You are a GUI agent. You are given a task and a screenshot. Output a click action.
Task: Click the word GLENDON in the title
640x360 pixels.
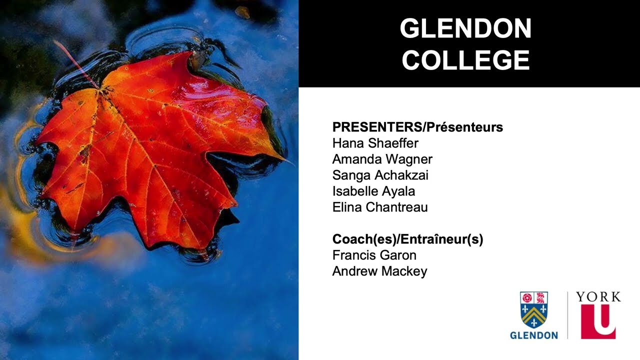click(465, 29)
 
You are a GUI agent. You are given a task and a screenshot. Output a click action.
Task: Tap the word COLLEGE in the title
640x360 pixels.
click(465, 60)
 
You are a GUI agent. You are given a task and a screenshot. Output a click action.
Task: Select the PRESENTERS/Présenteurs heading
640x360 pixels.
click(417, 127)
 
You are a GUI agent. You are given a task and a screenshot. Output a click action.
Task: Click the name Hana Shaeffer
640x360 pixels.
click(375, 143)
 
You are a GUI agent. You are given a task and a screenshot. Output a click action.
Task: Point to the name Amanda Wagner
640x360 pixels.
click(382, 159)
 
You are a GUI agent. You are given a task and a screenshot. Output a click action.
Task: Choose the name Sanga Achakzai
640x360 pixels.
click(380, 175)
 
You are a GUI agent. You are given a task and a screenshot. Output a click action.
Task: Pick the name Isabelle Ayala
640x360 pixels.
click(373, 191)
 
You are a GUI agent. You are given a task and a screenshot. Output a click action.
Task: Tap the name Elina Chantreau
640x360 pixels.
click(380, 207)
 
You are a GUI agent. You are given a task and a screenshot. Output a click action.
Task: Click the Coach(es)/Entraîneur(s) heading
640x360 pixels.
click(407, 239)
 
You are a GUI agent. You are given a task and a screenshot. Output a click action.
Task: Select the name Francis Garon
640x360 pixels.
click(374, 255)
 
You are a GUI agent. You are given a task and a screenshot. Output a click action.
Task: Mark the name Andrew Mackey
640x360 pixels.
click(379, 271)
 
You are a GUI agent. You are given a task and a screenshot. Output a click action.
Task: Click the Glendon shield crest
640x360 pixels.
click(533, 310)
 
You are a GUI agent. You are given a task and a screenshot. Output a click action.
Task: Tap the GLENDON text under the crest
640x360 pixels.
click(533, 335)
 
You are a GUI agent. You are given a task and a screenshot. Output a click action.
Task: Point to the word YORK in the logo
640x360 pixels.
click(598, 297)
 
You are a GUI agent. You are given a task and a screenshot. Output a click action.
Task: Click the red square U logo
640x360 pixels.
click(598, 321)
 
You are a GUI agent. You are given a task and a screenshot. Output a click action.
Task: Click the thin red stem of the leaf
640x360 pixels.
click(75, 62)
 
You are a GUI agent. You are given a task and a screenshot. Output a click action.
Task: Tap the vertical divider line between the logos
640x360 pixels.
click(567, 315)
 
